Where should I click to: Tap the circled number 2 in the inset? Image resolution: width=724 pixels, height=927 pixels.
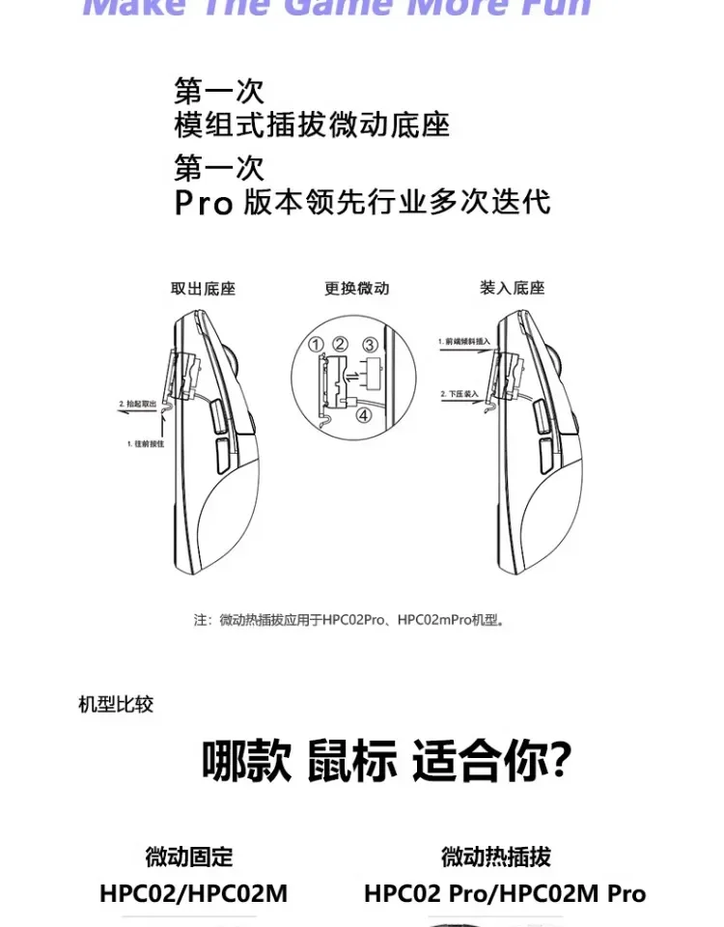(x=340, y=345)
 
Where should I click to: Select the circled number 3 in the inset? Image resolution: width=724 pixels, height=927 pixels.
(x=370, y=345)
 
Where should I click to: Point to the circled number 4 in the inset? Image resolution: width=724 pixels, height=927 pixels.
(x=364, y=416)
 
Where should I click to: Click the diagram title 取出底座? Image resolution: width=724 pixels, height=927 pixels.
(x=203, y=288)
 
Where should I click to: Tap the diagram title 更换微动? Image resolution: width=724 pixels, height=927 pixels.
(x=357, y=288)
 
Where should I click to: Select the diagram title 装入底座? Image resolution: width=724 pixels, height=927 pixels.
(x=513, y=288)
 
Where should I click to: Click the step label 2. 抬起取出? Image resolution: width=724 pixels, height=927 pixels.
(x=137, y=403)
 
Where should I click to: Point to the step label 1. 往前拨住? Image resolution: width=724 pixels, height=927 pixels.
(x=143, y=443)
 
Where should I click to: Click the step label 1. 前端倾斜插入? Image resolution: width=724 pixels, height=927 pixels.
(x=463, y=342)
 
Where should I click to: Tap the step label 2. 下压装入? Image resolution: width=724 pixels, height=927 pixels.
(x=459, y=394)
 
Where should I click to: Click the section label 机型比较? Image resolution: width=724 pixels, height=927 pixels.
(x=116, y=704)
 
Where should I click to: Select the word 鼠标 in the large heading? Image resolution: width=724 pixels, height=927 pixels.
(x=352, y=762)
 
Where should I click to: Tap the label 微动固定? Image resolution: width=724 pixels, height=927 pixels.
(x=189, y=857)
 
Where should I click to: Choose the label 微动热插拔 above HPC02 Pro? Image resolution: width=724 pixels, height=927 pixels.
(x=496, y=857)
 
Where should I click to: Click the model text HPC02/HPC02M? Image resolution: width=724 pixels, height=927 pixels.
(x=193, y=893)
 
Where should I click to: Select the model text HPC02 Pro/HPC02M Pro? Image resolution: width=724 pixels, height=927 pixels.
(x=505, y=893)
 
